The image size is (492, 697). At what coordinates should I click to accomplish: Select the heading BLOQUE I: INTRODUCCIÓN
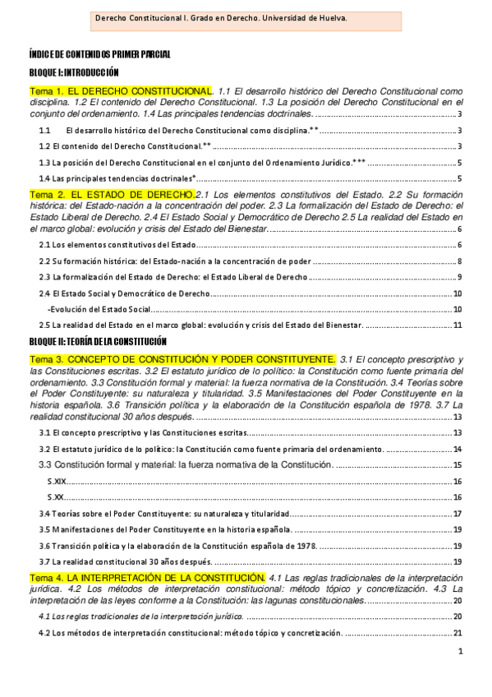(x=74, y=72)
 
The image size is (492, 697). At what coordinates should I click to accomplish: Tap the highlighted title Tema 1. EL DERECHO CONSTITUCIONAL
(x=121, y=90)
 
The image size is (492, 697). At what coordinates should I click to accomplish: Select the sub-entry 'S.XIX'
(x=58, y=482)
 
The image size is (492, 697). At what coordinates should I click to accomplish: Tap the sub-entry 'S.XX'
(x=57, y=497)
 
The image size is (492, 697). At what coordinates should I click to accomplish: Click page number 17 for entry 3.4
(x=458, y=514)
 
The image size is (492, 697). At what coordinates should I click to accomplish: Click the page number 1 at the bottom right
(x=461, y=652)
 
